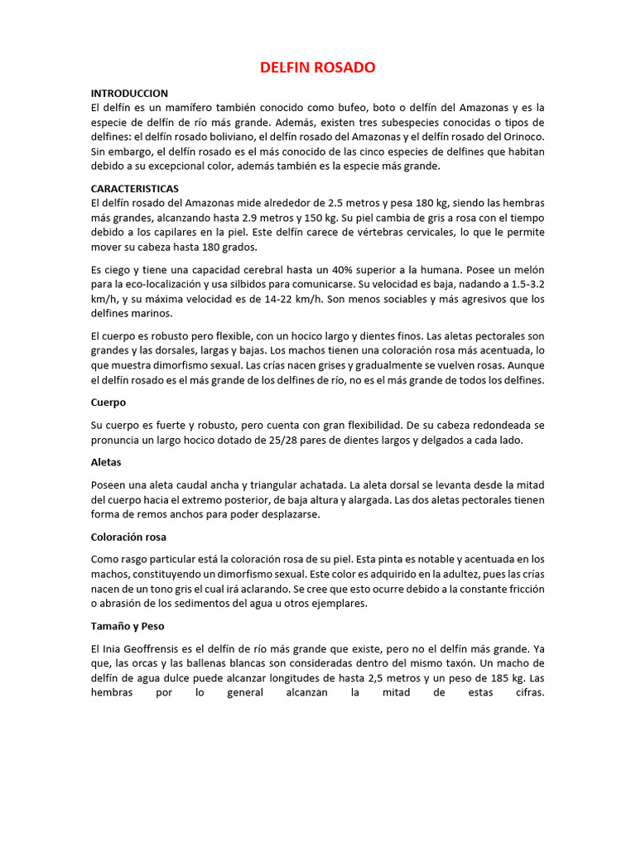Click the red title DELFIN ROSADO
318,67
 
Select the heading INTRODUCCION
129,94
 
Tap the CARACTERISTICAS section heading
135,189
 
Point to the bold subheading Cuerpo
108,402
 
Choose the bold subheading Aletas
106,462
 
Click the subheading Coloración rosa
128,537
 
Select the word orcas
152,663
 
